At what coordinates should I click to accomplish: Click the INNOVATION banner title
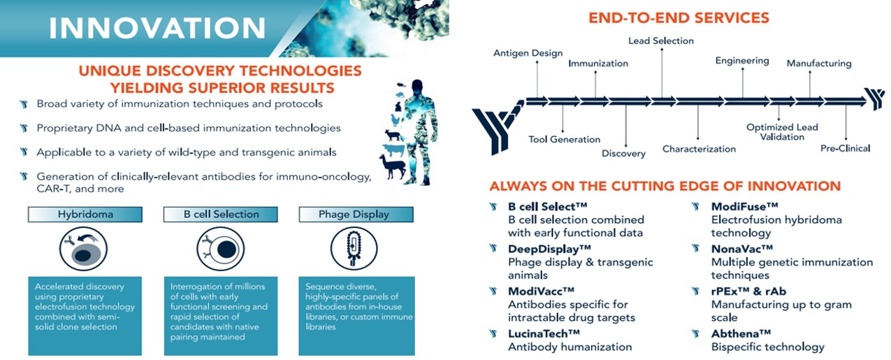(x=158, y=28)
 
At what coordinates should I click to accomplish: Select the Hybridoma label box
(x=85, y=215)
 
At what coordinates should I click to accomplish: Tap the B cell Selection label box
(x=221, y=215)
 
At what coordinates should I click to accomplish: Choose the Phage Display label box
(x=356, y=215)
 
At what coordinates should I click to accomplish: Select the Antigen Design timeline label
(x=528, y=53)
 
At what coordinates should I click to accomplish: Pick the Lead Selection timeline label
(x=660, y=41)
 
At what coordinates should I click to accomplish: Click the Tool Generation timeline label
(x=564, y=139)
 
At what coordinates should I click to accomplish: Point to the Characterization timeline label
(x=699, y=149)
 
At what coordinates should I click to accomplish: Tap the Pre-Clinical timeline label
(x=845, y=148)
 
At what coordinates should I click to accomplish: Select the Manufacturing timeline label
(x=819, y=64)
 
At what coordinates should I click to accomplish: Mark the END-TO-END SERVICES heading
(x=679, y=17)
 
